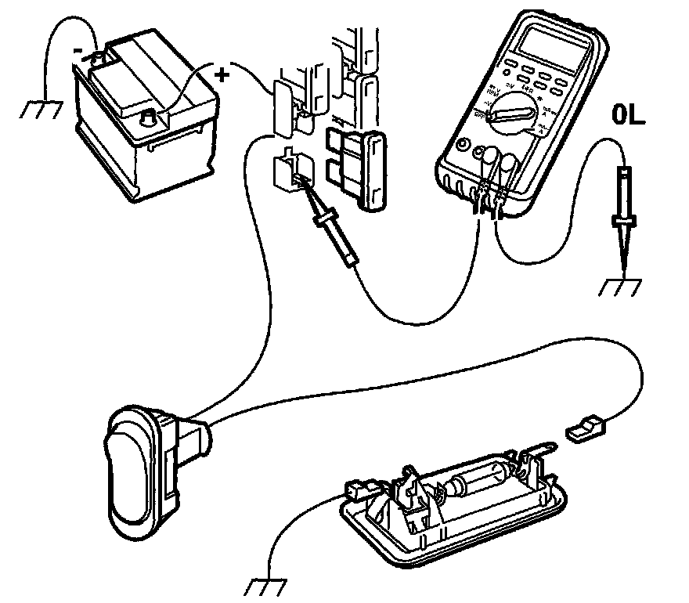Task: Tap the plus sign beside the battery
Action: (222, 75)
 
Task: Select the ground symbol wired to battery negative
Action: (39, 109)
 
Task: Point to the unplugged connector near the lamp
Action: (585, 429)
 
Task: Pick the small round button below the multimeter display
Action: (463, 146)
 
